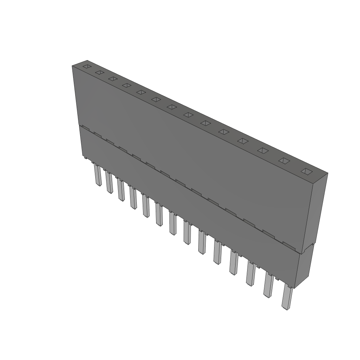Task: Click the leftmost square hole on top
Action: coord(86,66)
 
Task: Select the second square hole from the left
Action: coord(99,72)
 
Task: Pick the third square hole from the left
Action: coord(112,79)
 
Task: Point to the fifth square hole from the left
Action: coord(141,92)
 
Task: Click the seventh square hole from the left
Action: coord(172,107)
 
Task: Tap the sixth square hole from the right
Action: coord(206,123)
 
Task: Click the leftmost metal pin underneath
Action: coord(97,175)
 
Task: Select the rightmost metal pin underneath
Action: coord(287,298)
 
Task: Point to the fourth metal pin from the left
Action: coord(133,198)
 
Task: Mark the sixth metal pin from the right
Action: coord(202,243)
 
